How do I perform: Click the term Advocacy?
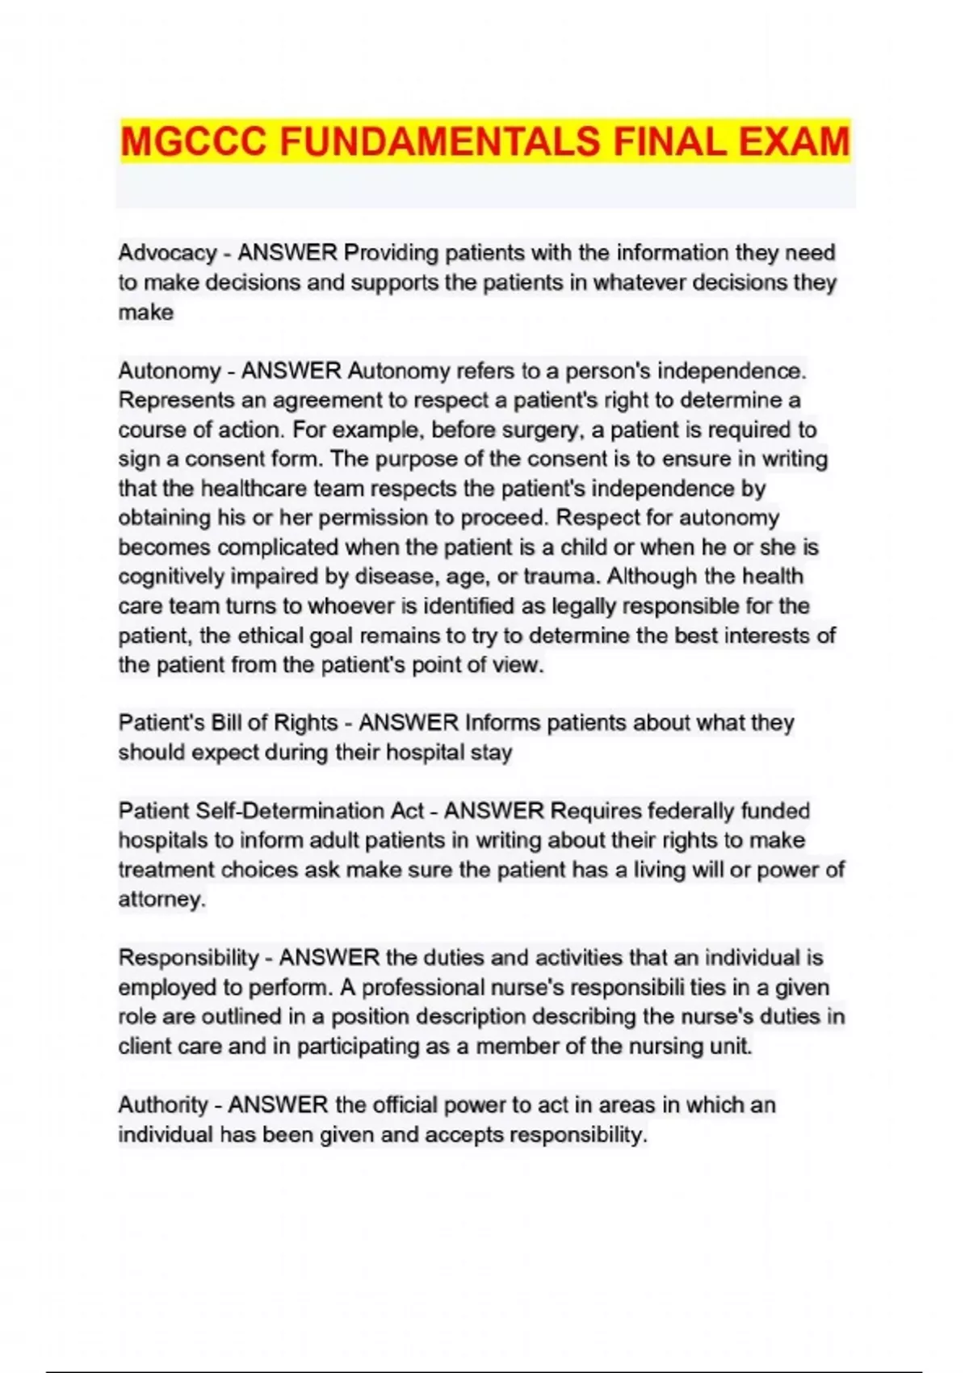[x=167, y=253]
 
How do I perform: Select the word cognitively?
[x=171, y=577]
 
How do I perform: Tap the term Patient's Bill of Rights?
[x=228, y=723]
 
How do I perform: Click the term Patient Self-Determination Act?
[x=271, y=811]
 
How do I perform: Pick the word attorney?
[x=161, y=899]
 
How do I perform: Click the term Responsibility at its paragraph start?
[x=188, y=958]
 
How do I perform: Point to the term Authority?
[x=163, y=1105]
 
